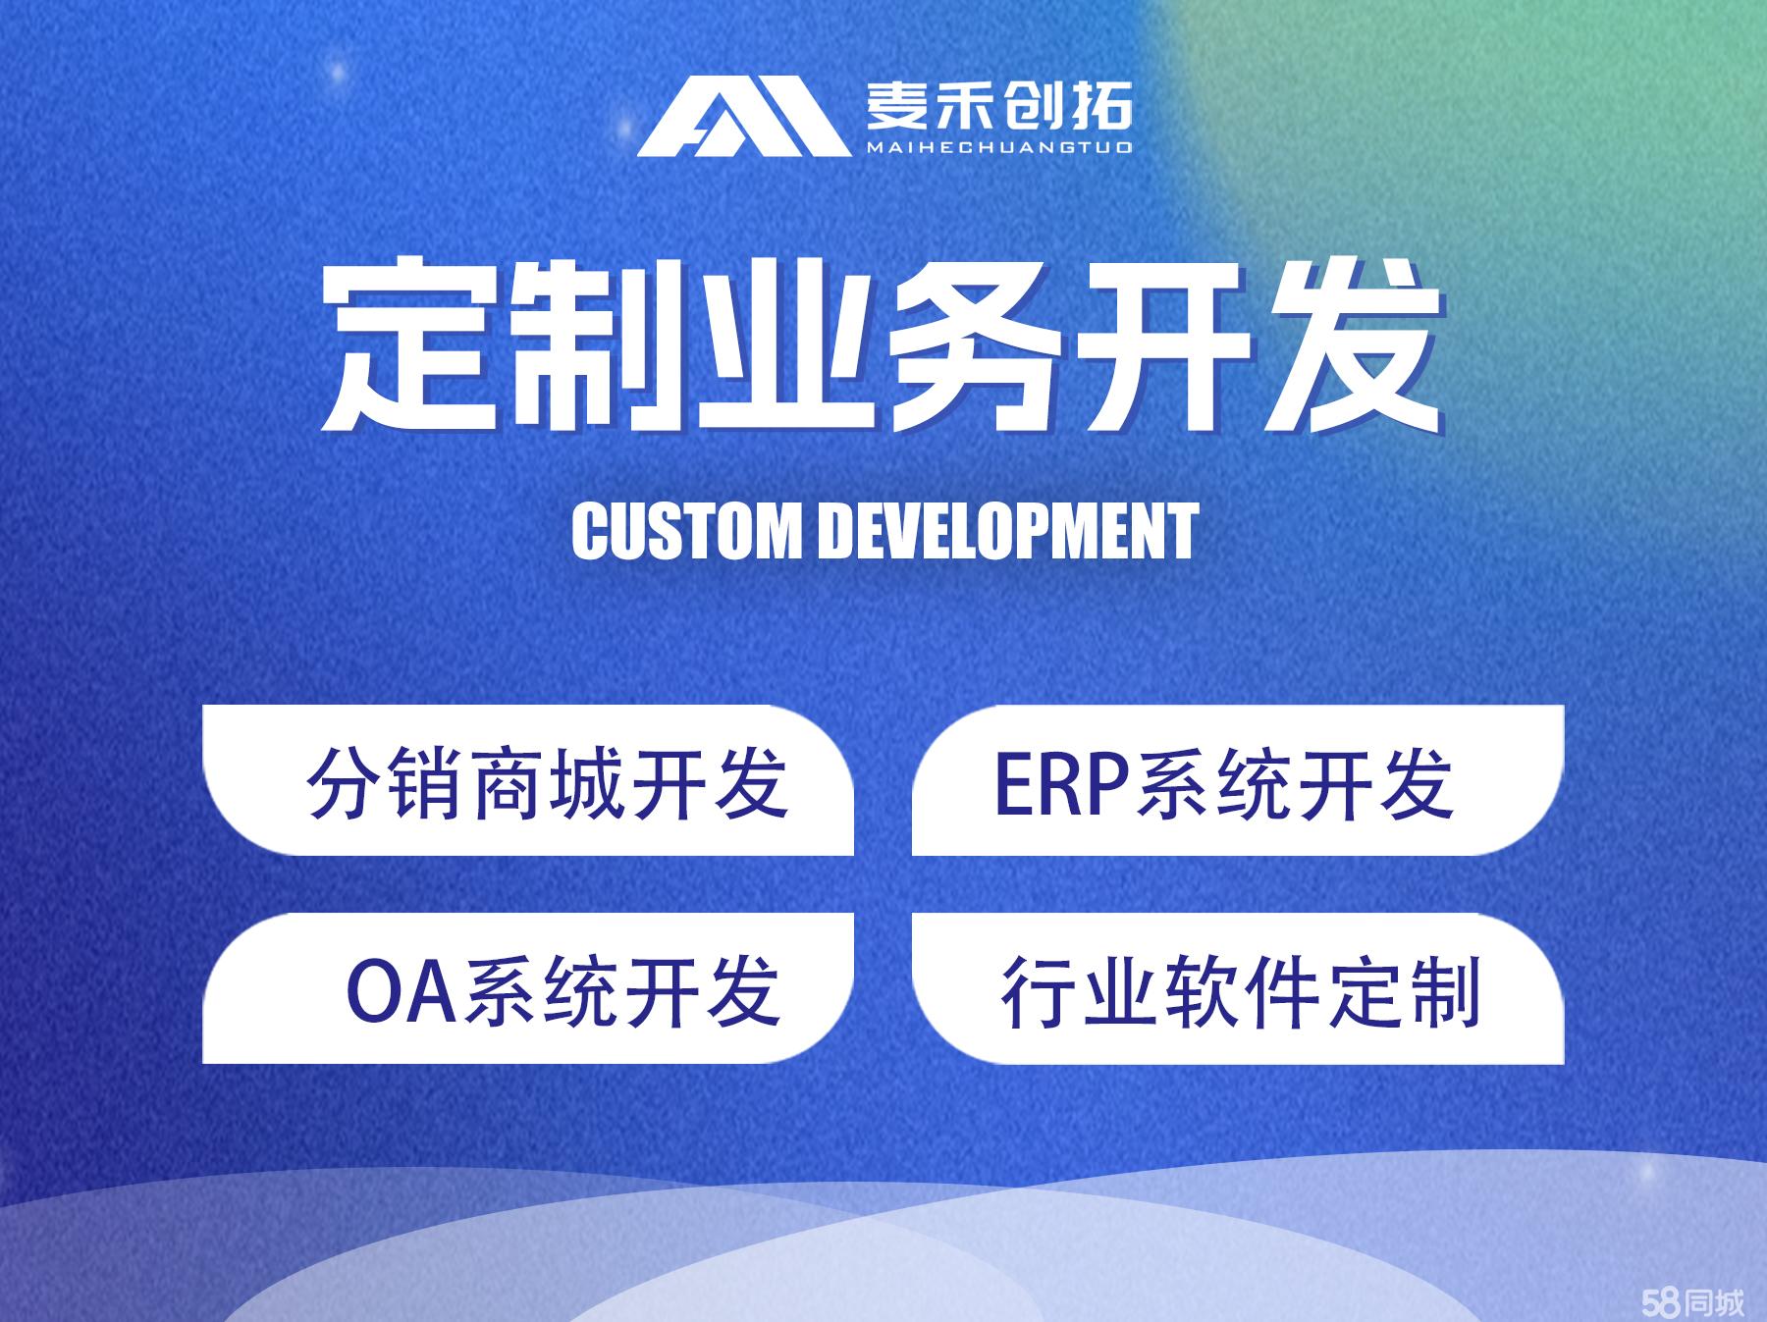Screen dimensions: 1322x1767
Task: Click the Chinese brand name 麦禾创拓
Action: (998, 105)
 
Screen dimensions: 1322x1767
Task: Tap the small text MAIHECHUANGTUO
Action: (998, 147)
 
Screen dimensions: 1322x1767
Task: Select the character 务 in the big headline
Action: (974, 344)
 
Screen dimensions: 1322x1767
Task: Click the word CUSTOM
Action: (686, 531)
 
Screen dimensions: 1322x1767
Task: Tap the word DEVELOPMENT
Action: (1008, 531)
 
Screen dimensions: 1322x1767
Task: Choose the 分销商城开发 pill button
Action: (528, 781)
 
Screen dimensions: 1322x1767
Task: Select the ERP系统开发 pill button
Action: (1237, 781)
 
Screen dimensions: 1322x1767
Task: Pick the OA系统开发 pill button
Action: (528, 988)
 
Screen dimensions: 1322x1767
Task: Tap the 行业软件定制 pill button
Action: (1237, 988)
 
